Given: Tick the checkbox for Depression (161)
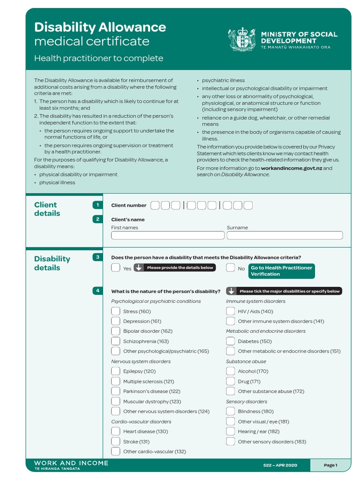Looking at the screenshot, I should point(115,321).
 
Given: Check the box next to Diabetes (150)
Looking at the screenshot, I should point(230,341).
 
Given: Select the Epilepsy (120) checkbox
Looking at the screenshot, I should point(115,371).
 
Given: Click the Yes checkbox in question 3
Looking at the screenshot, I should point(115,268).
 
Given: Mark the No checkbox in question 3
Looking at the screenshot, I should point(230,268).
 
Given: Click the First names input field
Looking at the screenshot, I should point(167,235).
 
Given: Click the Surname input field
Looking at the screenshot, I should point(285,235).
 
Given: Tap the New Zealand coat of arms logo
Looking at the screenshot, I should point(242,39).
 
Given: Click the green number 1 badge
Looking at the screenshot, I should point(97,205).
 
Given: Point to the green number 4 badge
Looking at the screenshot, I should point(97,291).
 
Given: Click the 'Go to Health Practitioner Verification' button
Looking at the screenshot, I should point(281,271).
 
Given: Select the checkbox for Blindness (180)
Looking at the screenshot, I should point(230,411).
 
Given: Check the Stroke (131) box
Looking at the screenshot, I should point(115,441).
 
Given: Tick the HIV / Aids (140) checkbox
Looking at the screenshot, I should point(230,311).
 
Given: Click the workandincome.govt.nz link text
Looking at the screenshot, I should point(291,168).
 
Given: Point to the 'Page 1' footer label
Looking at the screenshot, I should point(330,465).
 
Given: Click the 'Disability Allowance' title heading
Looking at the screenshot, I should point(100,27).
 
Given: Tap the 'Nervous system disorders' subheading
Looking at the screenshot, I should point(141,361).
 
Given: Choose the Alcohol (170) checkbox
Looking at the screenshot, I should point(230,371).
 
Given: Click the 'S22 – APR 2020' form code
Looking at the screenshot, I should point(280,465).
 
